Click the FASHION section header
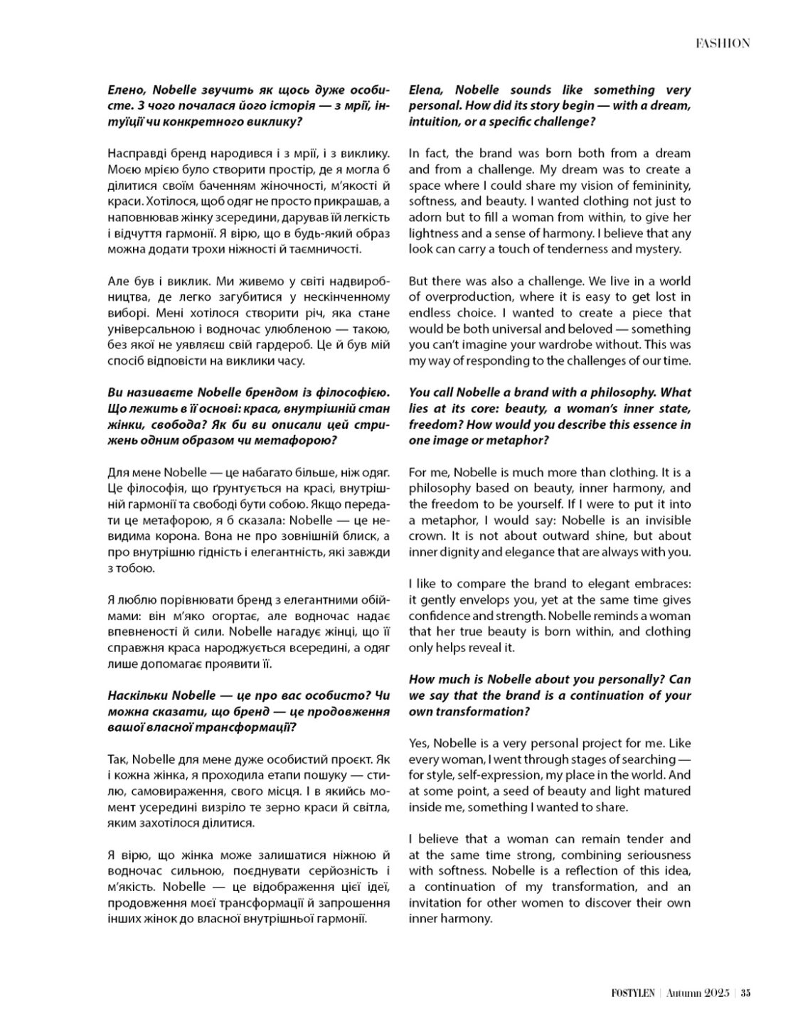point(722,43)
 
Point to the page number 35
point(745,994)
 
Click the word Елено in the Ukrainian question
point(125,90)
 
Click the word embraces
point(663,584)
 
